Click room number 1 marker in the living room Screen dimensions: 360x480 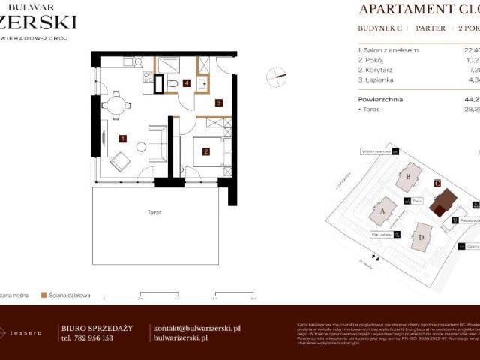tap(122, 137)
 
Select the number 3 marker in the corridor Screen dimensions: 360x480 tap(218, 102)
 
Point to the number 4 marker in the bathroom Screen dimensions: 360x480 tap(186, 83)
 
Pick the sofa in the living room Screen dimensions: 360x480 tap(157, 142)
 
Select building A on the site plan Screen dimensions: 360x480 tap(383, 212)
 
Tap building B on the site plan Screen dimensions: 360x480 tap(409, 178)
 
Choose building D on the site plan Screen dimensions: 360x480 tap(422, 238)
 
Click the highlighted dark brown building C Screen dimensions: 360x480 tap(445, 202)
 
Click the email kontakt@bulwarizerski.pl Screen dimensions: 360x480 tap(196, 328)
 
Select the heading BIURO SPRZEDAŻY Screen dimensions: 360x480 tap(96, 328)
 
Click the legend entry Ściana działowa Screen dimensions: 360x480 tap(70, 295)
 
